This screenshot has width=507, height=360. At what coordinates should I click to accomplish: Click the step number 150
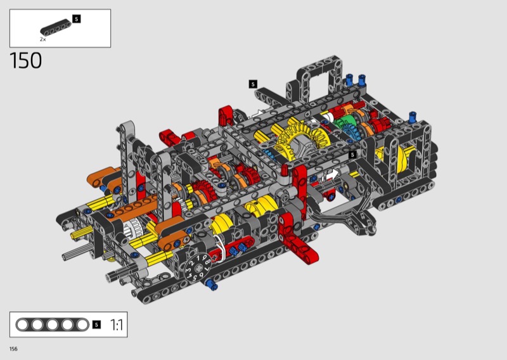click(25, 60)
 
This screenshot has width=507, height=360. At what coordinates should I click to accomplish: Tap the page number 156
click(13, 349)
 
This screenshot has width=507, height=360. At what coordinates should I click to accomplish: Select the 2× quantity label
click(42, 39)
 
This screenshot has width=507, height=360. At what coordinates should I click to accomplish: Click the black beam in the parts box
click(56, 27)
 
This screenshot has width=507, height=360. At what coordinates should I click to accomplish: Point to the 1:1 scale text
click(117, 325)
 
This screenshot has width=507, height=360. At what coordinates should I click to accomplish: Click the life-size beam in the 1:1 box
click(52, 325)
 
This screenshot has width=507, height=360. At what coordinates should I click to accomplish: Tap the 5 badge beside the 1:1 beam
click(96, 325)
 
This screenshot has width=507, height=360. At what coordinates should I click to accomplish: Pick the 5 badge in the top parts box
click(76, 19)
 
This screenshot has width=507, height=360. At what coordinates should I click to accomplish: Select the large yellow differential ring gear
click(302, 138)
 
